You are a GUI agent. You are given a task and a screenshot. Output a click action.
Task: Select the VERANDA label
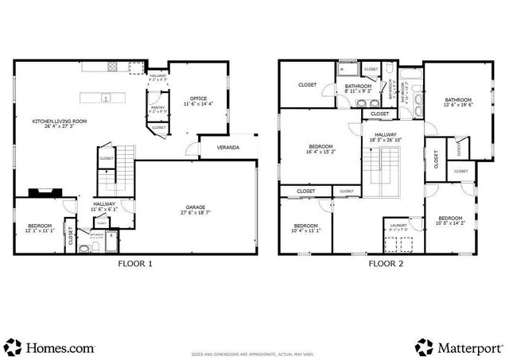coord(229,147)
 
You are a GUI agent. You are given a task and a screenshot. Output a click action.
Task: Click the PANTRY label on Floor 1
coord(158,110)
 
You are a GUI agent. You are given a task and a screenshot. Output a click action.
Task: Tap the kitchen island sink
coord(104,98)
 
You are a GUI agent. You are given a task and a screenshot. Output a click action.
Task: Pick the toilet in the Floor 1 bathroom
coord(84,247)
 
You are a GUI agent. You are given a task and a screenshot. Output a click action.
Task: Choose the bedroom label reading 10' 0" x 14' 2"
coord(450,221)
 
